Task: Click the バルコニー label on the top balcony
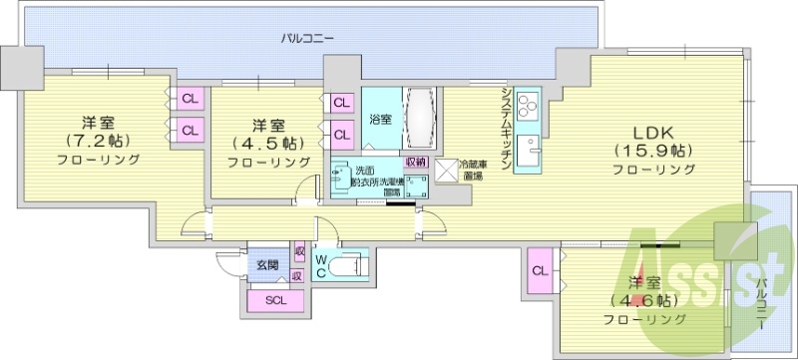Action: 306,38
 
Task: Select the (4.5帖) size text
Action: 268,143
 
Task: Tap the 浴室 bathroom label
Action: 380,119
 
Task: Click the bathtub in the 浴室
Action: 418,119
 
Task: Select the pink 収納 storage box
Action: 415,161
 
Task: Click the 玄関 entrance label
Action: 266,264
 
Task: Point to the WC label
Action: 322,266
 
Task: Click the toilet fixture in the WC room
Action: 348,267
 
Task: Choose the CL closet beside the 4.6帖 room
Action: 539,271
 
